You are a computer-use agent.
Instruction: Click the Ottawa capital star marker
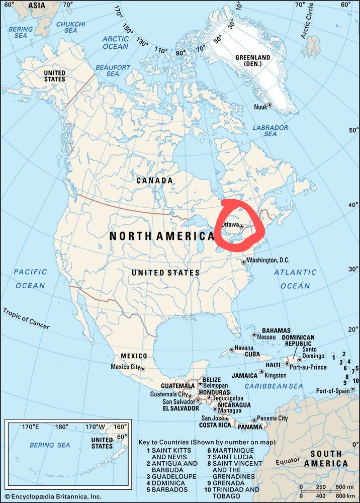pos(242,226)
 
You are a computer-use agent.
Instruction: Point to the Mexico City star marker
pos(143,369)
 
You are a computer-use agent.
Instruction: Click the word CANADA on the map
pos(154,180)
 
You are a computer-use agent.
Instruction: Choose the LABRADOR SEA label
pos(271,131)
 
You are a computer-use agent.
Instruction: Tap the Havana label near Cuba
pos(244,348)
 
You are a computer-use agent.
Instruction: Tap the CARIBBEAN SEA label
pos(274,386)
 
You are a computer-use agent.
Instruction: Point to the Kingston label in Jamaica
pos(276,375)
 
